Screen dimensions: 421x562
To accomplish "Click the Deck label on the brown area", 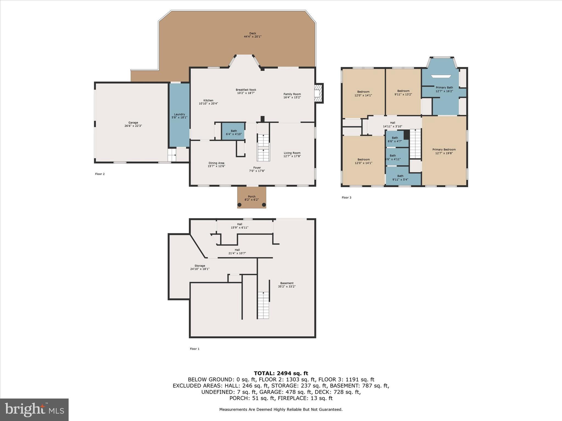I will coord(252,35).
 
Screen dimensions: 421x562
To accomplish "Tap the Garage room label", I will coord(133,124).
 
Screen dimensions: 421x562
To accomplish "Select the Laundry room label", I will coord(179,116).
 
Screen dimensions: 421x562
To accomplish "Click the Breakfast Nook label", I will coord(246,91).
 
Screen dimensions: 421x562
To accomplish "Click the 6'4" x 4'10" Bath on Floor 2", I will coord(234,132).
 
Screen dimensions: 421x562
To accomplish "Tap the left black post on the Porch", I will coord(239,205).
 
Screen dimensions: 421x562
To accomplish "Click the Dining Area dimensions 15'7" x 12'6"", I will coord(216,166).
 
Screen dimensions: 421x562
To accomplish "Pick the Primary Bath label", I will coord(444,89).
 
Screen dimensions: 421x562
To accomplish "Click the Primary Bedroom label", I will coord(444,151).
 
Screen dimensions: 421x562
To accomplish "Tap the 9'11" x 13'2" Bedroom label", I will coord(403,93).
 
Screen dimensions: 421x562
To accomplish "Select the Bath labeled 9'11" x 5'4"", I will coord(400,178).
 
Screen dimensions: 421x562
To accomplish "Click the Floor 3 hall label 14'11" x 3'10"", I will coord(392,125).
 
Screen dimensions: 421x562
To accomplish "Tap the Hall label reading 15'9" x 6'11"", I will coord(240,226).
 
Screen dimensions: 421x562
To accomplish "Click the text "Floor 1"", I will coord(195,349).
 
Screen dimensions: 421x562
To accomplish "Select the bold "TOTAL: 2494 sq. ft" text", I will coord(281,373).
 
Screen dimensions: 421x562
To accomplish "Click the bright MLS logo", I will coord(34,409).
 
